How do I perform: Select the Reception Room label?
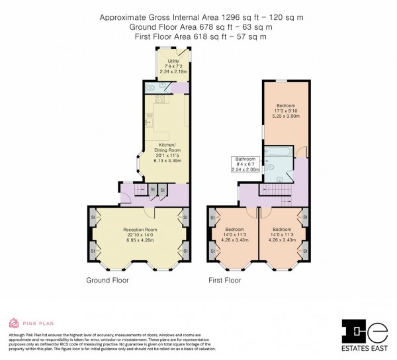tap(139, 230)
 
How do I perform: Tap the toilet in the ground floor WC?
tap(149, 87)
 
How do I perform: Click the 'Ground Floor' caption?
tap(107, 280)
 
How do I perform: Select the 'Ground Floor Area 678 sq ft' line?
tap(198, 27)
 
